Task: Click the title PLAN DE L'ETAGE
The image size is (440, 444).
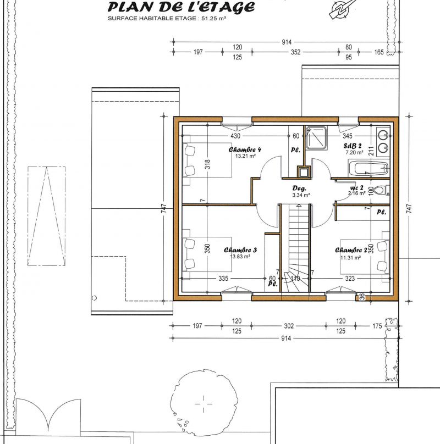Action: [x=181, y=7]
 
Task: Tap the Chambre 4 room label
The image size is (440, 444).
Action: [x=245, y=149]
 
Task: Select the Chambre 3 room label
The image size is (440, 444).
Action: [x=240, y=250]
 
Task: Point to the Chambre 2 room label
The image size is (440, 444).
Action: [x=351, y=250]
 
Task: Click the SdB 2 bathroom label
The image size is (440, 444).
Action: [x=353, y=146]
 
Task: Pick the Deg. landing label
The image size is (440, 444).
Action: [x=299, y=188]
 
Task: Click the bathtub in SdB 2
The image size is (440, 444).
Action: [x=368, y=169]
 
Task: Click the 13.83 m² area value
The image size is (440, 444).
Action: [x=240, y=257]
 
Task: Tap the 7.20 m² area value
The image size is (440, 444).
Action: [x=354, y=153]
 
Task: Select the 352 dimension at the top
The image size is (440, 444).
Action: [x=295, y=52]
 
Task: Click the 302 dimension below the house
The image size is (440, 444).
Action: [x=289, y=326]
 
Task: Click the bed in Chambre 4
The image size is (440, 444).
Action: [x=207, y=160]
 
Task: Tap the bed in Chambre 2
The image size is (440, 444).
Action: [x=365, y=257]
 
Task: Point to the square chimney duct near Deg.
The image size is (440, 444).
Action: [x=304, y=171]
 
